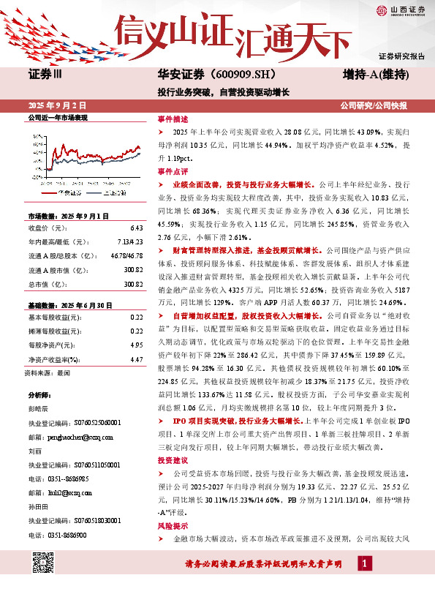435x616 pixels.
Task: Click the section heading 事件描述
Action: pyautogui.click(x=173, y=119)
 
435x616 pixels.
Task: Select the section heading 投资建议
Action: pyautogui.click(x=173, y=461)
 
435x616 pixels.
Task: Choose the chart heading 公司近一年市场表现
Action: pyautogui.click(x=57, y=117)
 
